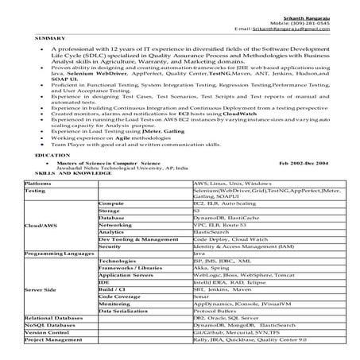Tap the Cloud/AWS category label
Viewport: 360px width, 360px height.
[x=41, y=226]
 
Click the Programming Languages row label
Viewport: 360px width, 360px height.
[x=56, y=254]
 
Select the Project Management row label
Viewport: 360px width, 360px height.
[x=52, y=339]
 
